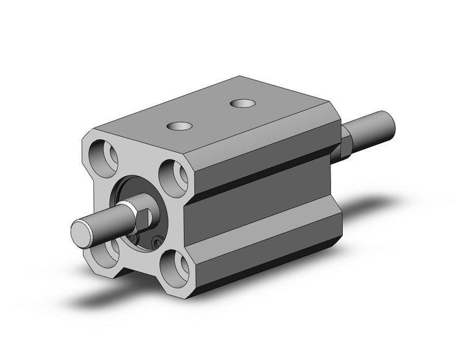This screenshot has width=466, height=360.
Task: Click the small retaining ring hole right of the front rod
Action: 158,244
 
